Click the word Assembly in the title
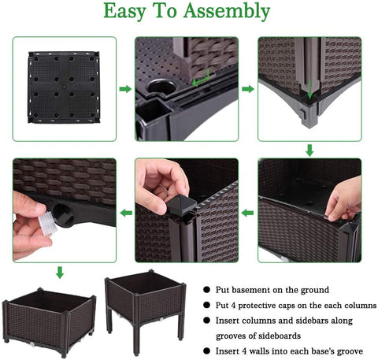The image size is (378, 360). coord(227,12)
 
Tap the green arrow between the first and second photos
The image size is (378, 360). coord(125,89)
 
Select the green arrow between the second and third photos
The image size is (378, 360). coord(248,89)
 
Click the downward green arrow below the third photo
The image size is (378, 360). coord(309,150)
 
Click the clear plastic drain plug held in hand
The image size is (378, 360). coord(47,224)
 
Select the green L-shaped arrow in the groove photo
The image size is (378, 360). coord(201,80)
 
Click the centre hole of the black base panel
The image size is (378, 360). coord(64,85)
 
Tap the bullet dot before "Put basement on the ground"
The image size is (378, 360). coord(206,290)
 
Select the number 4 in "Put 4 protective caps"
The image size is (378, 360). coord(233,306)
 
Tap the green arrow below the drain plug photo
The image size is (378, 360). coord(60,273)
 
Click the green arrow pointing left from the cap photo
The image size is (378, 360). coord(126,213)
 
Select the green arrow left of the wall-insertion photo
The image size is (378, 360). coord(248,213)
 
